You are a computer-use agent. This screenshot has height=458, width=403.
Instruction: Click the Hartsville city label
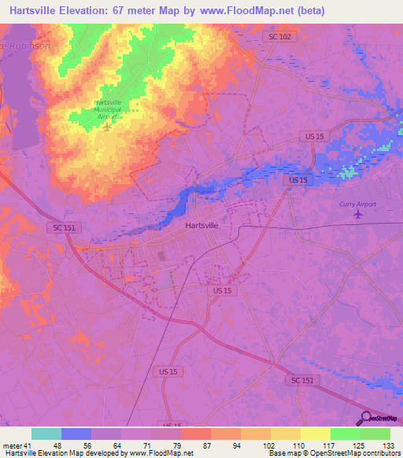(x=201, y=225)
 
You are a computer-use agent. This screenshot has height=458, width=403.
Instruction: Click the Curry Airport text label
(x=357, y=204)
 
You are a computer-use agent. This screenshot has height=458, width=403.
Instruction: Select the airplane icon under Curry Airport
(x=359, y=213)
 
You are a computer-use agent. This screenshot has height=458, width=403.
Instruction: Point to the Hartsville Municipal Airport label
(x=109, y=109)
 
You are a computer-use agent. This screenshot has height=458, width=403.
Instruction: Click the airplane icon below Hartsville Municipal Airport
(x=107, y=126)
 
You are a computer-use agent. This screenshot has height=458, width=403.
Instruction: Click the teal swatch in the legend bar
(x=46, y=434)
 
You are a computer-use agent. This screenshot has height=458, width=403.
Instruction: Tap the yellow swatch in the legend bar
(x=315, y=434)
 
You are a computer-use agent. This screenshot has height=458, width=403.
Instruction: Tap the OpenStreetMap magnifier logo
(x=364, y=419)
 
